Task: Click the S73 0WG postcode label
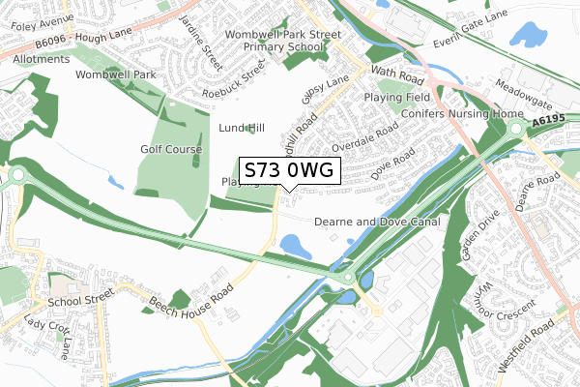click(289, 170)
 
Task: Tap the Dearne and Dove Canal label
click(377, 222)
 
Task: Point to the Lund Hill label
click(242, 128)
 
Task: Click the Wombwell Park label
click(116, 74)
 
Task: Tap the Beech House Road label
click(191, 303)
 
